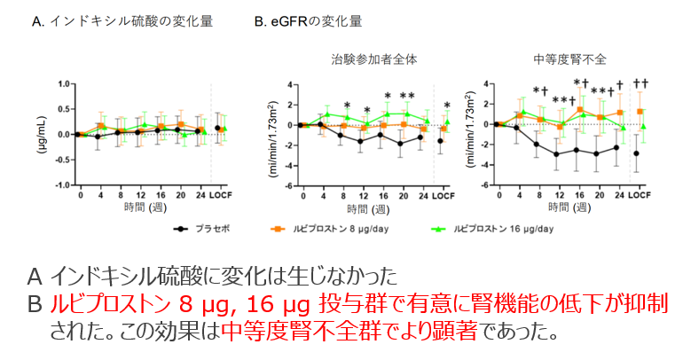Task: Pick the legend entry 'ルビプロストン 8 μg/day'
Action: pos(331,228)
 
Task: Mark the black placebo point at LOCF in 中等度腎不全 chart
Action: pos(636,153)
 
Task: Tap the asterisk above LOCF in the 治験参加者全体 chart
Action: pos(446,105)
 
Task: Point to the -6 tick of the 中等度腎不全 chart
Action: pos(484,185)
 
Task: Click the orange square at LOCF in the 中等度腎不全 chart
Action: pos(640,112)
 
